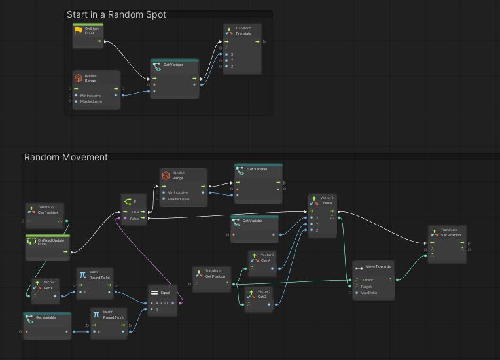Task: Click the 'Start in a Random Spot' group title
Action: [x=116, y=14]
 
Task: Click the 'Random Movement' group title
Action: [x=66, y=157]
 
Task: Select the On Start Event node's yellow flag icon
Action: [x=79, y=30]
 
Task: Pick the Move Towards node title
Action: [x=379, y=267]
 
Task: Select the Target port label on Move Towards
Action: [x=366, y=287]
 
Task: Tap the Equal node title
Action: [x=165, y=293]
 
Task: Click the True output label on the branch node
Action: [x=135, y=212]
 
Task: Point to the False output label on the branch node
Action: [x=135, y=219]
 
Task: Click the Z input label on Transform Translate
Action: [x=232, y=67]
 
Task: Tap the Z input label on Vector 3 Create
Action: [x=317, y=230]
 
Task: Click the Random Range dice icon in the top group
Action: [x=78, y=79]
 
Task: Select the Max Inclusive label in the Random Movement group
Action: [x=178, y=199]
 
